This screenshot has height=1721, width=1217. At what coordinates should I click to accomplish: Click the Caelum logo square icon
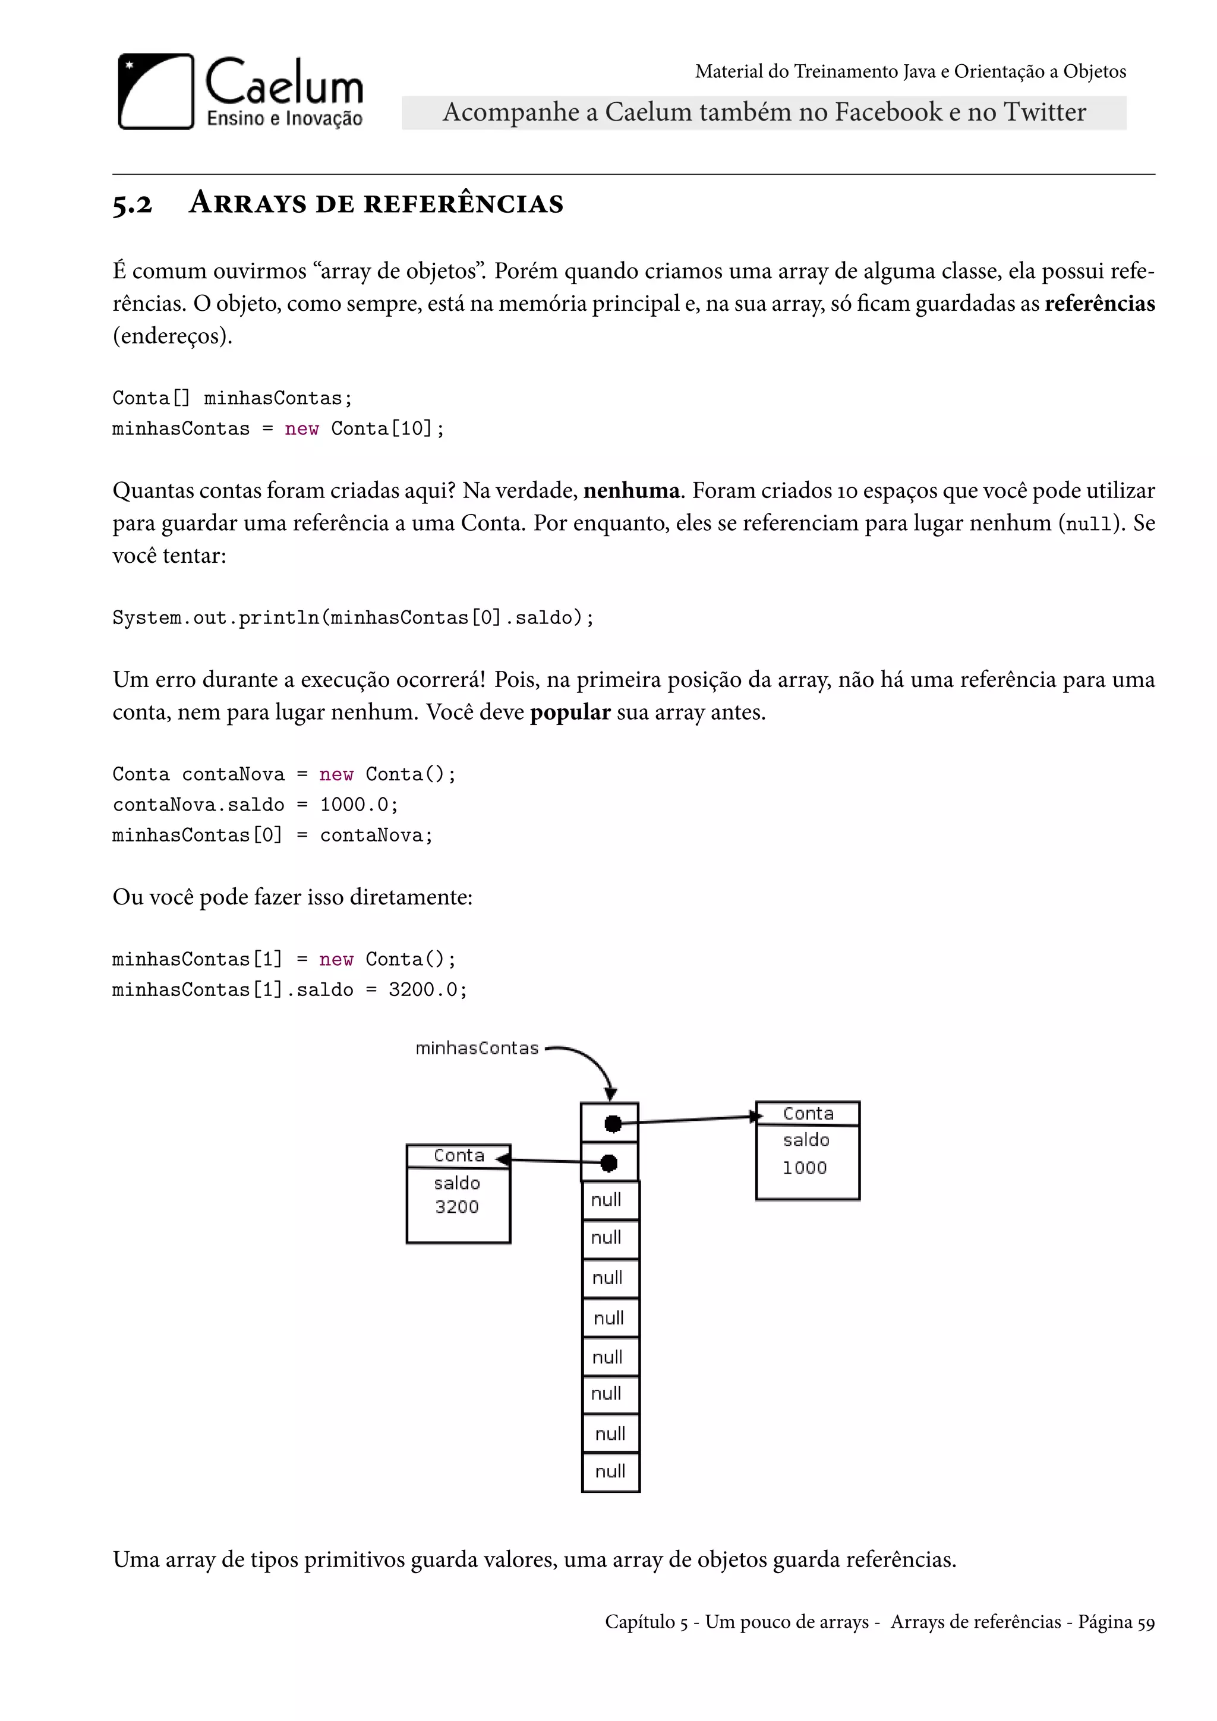coord(156,92)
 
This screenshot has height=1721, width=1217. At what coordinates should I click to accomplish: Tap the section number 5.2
coord(133,204)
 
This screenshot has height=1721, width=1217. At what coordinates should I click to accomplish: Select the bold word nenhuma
coord(631,491)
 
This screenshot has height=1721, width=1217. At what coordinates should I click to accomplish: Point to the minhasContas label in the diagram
coord(477,1048)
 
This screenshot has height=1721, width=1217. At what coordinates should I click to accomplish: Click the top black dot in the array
coord(613,1124)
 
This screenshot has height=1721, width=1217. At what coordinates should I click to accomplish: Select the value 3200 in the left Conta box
coord(456,1207)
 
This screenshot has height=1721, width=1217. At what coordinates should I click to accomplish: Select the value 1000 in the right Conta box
coord(804,1168)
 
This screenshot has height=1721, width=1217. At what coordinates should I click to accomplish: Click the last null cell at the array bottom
coord(610,1471)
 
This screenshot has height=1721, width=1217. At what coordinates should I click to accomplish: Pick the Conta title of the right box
coord(808,1114)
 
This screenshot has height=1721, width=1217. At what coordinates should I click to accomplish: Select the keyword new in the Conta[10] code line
coord(301,428)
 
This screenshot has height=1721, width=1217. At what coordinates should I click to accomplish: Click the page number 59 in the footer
coord(1146,1623)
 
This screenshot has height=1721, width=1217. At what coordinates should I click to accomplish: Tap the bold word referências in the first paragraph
coord(1099,304)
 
